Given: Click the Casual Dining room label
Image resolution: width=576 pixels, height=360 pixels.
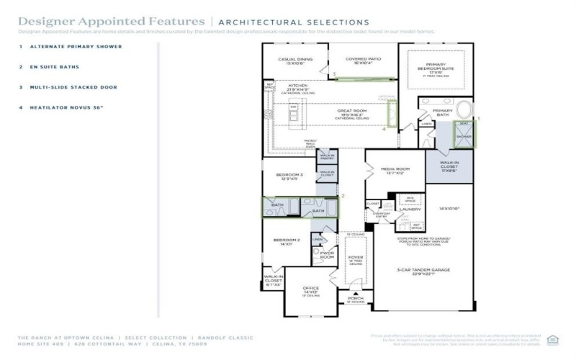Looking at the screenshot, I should (295, 60).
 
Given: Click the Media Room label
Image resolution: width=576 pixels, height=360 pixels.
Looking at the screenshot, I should (395, 171).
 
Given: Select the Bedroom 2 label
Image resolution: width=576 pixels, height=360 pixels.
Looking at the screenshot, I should (287, 241).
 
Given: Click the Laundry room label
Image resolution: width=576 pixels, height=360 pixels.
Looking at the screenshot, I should (410, 209).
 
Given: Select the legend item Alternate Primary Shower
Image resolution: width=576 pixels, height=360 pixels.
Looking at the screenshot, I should (76, 47).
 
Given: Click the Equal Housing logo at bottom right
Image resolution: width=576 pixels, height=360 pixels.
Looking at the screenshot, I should (552, 339).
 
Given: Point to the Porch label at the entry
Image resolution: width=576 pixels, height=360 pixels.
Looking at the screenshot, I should (355, 297).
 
